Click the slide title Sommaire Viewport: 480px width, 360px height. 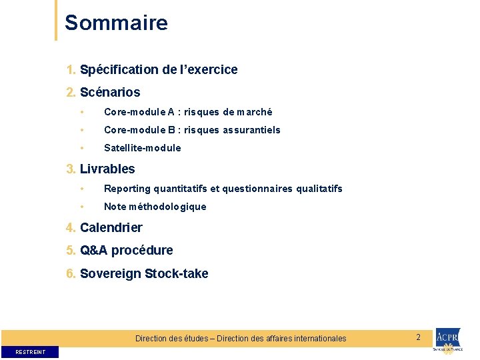point(116,23)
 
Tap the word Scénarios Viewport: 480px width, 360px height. point(110,92)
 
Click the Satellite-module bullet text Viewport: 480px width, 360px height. point(142,148)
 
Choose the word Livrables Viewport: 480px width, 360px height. point(107,169)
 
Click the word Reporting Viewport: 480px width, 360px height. point(127,189)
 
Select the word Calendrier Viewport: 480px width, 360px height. point(111,227)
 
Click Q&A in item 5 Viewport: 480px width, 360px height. point(94,251)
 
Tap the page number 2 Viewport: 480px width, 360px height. point(418,337)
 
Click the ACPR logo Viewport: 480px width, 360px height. point(447,340)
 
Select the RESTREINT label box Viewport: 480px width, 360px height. point(30,351)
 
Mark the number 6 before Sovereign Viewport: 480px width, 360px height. point(70,273)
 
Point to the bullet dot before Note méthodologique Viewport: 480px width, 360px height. point(81,207)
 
